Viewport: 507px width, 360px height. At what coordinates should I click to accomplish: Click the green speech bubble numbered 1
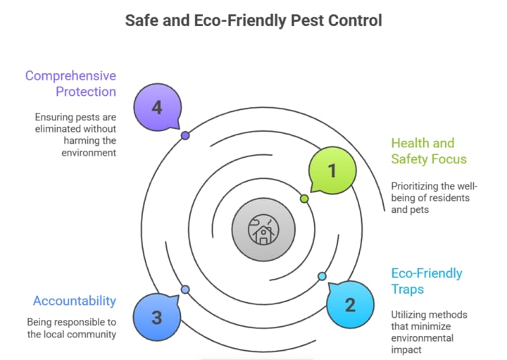[332, 170]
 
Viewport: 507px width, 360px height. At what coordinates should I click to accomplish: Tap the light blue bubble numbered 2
[349, 305]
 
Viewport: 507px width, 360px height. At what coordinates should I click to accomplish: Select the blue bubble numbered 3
[156, 317]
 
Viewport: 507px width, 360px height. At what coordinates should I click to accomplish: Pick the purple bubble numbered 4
[156, 108]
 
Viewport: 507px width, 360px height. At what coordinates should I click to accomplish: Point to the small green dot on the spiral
[304, 199]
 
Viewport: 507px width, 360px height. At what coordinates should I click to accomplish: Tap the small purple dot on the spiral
[185, 135]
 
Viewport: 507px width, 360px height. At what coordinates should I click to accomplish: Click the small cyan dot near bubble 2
[322, 276]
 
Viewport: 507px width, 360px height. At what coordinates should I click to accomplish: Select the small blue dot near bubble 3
[185, 290]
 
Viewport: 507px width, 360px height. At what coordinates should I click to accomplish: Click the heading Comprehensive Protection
[70, 83]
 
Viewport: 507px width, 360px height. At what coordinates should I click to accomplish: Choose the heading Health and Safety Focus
[423, 151]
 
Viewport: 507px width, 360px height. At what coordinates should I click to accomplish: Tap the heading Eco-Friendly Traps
[427, 280]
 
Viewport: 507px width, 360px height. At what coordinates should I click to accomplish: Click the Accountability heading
[74, 301]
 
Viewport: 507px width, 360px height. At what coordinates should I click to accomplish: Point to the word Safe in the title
[142, 20]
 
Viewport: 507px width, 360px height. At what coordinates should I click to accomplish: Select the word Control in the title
[354, 20]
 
